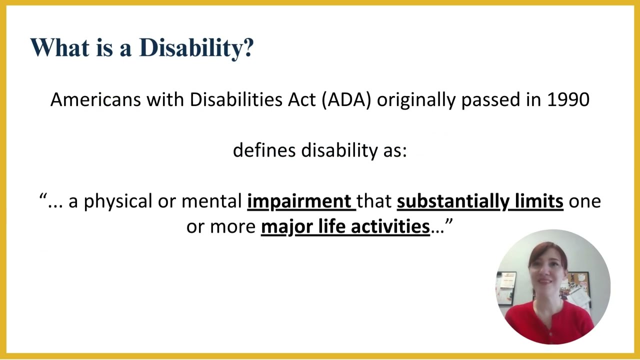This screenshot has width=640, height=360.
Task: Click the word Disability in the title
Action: [192, 48]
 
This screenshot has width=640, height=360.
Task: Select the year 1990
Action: [568, 99]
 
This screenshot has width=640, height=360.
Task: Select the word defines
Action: [264, 150]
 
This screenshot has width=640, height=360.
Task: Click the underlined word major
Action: [281, 226]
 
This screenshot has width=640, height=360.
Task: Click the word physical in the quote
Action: [118, 201]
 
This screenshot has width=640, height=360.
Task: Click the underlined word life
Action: [332, 226]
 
